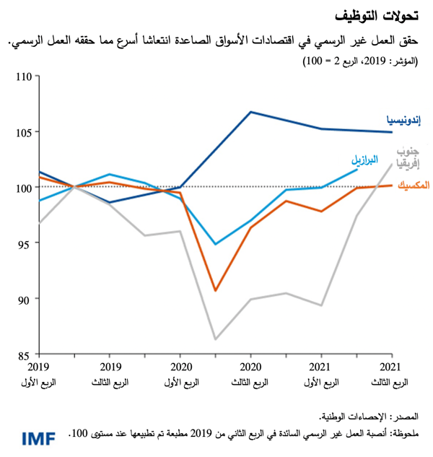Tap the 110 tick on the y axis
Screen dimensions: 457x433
(26, 76)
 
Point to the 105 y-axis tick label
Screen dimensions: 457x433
(26, 131)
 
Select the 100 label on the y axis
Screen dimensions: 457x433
(26, 188)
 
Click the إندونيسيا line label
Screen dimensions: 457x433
(406, 118)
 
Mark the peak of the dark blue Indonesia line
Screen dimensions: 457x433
(250, 112)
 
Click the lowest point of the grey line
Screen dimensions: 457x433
(215, 339)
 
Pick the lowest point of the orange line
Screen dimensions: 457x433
(215, 290)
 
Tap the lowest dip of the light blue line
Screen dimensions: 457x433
(215, 244)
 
